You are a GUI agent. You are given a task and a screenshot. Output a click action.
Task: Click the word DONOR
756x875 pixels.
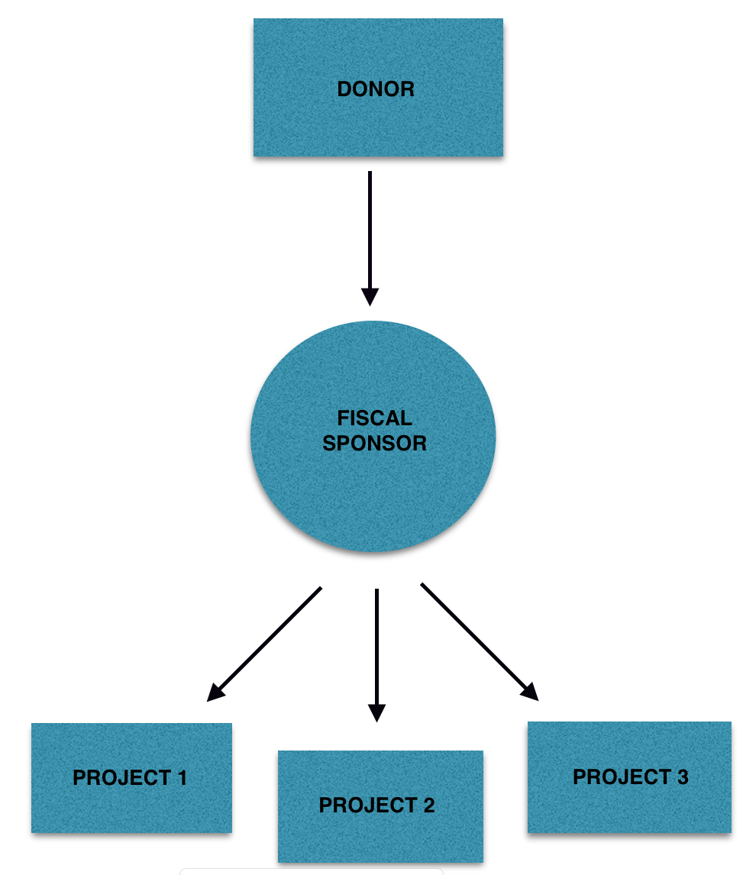(x=376, y=89)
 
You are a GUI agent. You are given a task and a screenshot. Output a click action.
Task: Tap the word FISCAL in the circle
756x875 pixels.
(x=375, y=418)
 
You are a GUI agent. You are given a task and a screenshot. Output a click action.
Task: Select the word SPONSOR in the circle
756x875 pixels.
(x=374, y=443)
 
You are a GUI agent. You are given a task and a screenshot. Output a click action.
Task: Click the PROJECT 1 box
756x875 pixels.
(x=131, y=778)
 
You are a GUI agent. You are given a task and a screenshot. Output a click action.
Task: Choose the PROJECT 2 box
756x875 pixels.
(x=380, y=806)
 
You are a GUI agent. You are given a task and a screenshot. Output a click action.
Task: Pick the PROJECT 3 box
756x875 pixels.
(x=629, y=777)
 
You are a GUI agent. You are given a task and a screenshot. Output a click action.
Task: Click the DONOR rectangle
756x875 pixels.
(x=378, y=87)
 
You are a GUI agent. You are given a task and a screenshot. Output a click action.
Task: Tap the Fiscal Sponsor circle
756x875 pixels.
(x=373, y=437)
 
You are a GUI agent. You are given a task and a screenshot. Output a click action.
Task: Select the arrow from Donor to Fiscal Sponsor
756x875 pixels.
(x=370, y=238)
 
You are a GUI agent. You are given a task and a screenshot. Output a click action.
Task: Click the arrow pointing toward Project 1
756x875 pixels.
(x=264, y=644)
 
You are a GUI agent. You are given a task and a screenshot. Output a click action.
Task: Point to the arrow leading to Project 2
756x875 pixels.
(x=376, y=655)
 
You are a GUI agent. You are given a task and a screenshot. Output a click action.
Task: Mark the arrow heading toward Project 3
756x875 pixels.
(x=480, y=641)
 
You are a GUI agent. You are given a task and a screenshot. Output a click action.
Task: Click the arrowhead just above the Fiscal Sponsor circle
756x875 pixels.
(x=370, y=297)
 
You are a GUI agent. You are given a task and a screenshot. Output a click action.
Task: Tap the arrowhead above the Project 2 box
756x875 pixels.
(x=376, y=713)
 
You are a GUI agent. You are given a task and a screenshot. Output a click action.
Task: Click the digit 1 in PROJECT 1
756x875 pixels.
(x=181, y=778)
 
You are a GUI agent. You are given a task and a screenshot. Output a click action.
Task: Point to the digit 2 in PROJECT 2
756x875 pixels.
(x=428, y=806)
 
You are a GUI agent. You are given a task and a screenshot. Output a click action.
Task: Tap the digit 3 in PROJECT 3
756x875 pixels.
(x=683, y=777)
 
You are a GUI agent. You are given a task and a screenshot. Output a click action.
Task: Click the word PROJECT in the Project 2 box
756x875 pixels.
(x=367, y=806)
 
